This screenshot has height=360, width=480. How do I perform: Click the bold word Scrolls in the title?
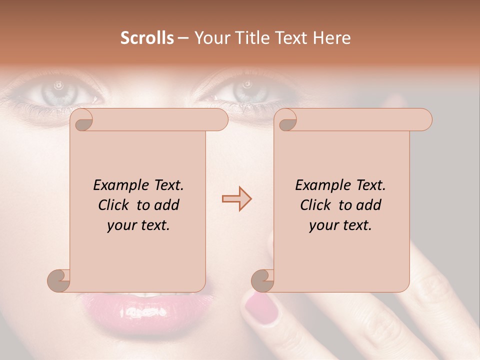tap(147, 38)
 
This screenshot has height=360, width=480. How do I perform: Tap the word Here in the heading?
tap(332, 38)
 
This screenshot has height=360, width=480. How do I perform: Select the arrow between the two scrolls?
tap(236, 199)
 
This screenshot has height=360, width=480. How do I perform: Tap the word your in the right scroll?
tap(322, 226)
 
